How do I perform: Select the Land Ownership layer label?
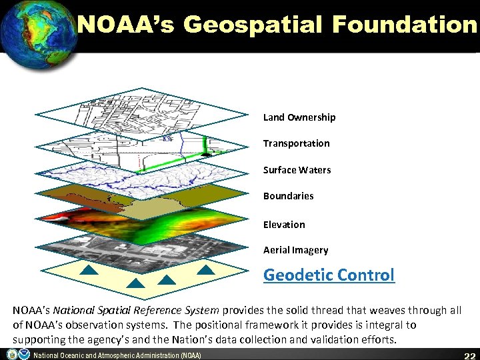coord(299,117)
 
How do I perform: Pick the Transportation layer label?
coord(296,143)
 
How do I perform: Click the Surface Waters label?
coord(297,170)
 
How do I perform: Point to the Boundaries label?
coord(288,196)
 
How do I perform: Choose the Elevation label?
coord(284,225)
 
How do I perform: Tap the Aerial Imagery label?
coord(295,250)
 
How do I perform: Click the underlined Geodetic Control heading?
coord(329,275)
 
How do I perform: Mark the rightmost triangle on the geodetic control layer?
coord(207,271)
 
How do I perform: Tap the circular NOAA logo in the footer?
coord(23,354)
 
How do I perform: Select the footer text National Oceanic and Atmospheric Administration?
coord(117,355)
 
